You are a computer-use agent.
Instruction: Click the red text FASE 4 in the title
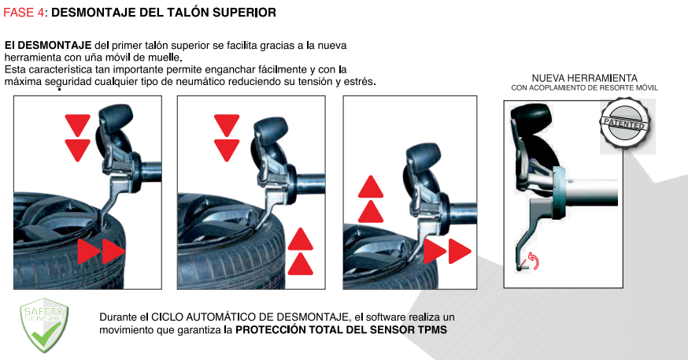pyautogui.click(x=24, y=13)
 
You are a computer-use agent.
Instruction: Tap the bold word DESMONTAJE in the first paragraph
pyautogui.click(x=54, y=45)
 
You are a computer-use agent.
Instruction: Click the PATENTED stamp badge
pyautogui.click(x=624, y=123)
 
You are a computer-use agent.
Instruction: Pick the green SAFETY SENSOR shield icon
pyautogui.click(x=44, y=324)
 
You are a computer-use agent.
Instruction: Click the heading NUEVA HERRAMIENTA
pyautogui.click(x=584, y=78)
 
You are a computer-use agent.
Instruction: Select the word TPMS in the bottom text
pyautogui.click(x=432, y=330)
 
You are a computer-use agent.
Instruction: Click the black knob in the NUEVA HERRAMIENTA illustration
pyautogui.click(x=530, y=117)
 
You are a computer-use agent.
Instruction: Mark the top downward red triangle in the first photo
pyautogui.click(x=78, y=125)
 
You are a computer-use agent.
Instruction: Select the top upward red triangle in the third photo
pyautogui.click(x=371, y=187)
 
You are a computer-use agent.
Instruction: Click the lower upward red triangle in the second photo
pyautogui.click(x=301, y=264)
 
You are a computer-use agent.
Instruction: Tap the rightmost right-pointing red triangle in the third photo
pyautogui.click(x=460, y=251)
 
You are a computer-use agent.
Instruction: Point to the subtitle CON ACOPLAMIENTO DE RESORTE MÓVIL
pyautogui.click(x=584, y=87)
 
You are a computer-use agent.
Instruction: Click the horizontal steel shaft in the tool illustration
pyautogui.click(x=590, y=192)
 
